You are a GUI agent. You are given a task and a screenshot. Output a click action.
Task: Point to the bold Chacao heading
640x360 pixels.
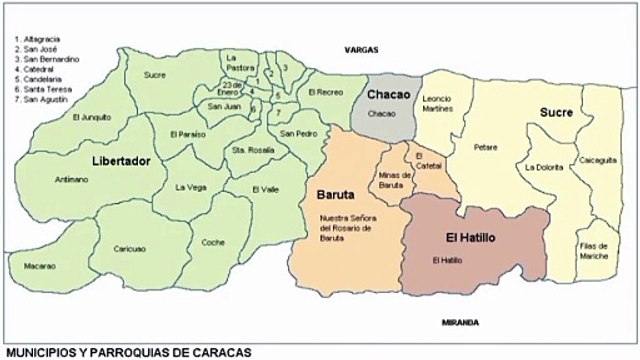[x=388, y=94]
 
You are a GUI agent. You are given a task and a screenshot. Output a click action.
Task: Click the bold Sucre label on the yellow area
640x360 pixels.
[x=555, y=112]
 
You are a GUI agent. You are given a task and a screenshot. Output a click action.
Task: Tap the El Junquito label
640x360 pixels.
[x=91, y=117]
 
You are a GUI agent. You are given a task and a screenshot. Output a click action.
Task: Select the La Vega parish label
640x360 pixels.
[x=189, y=187]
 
